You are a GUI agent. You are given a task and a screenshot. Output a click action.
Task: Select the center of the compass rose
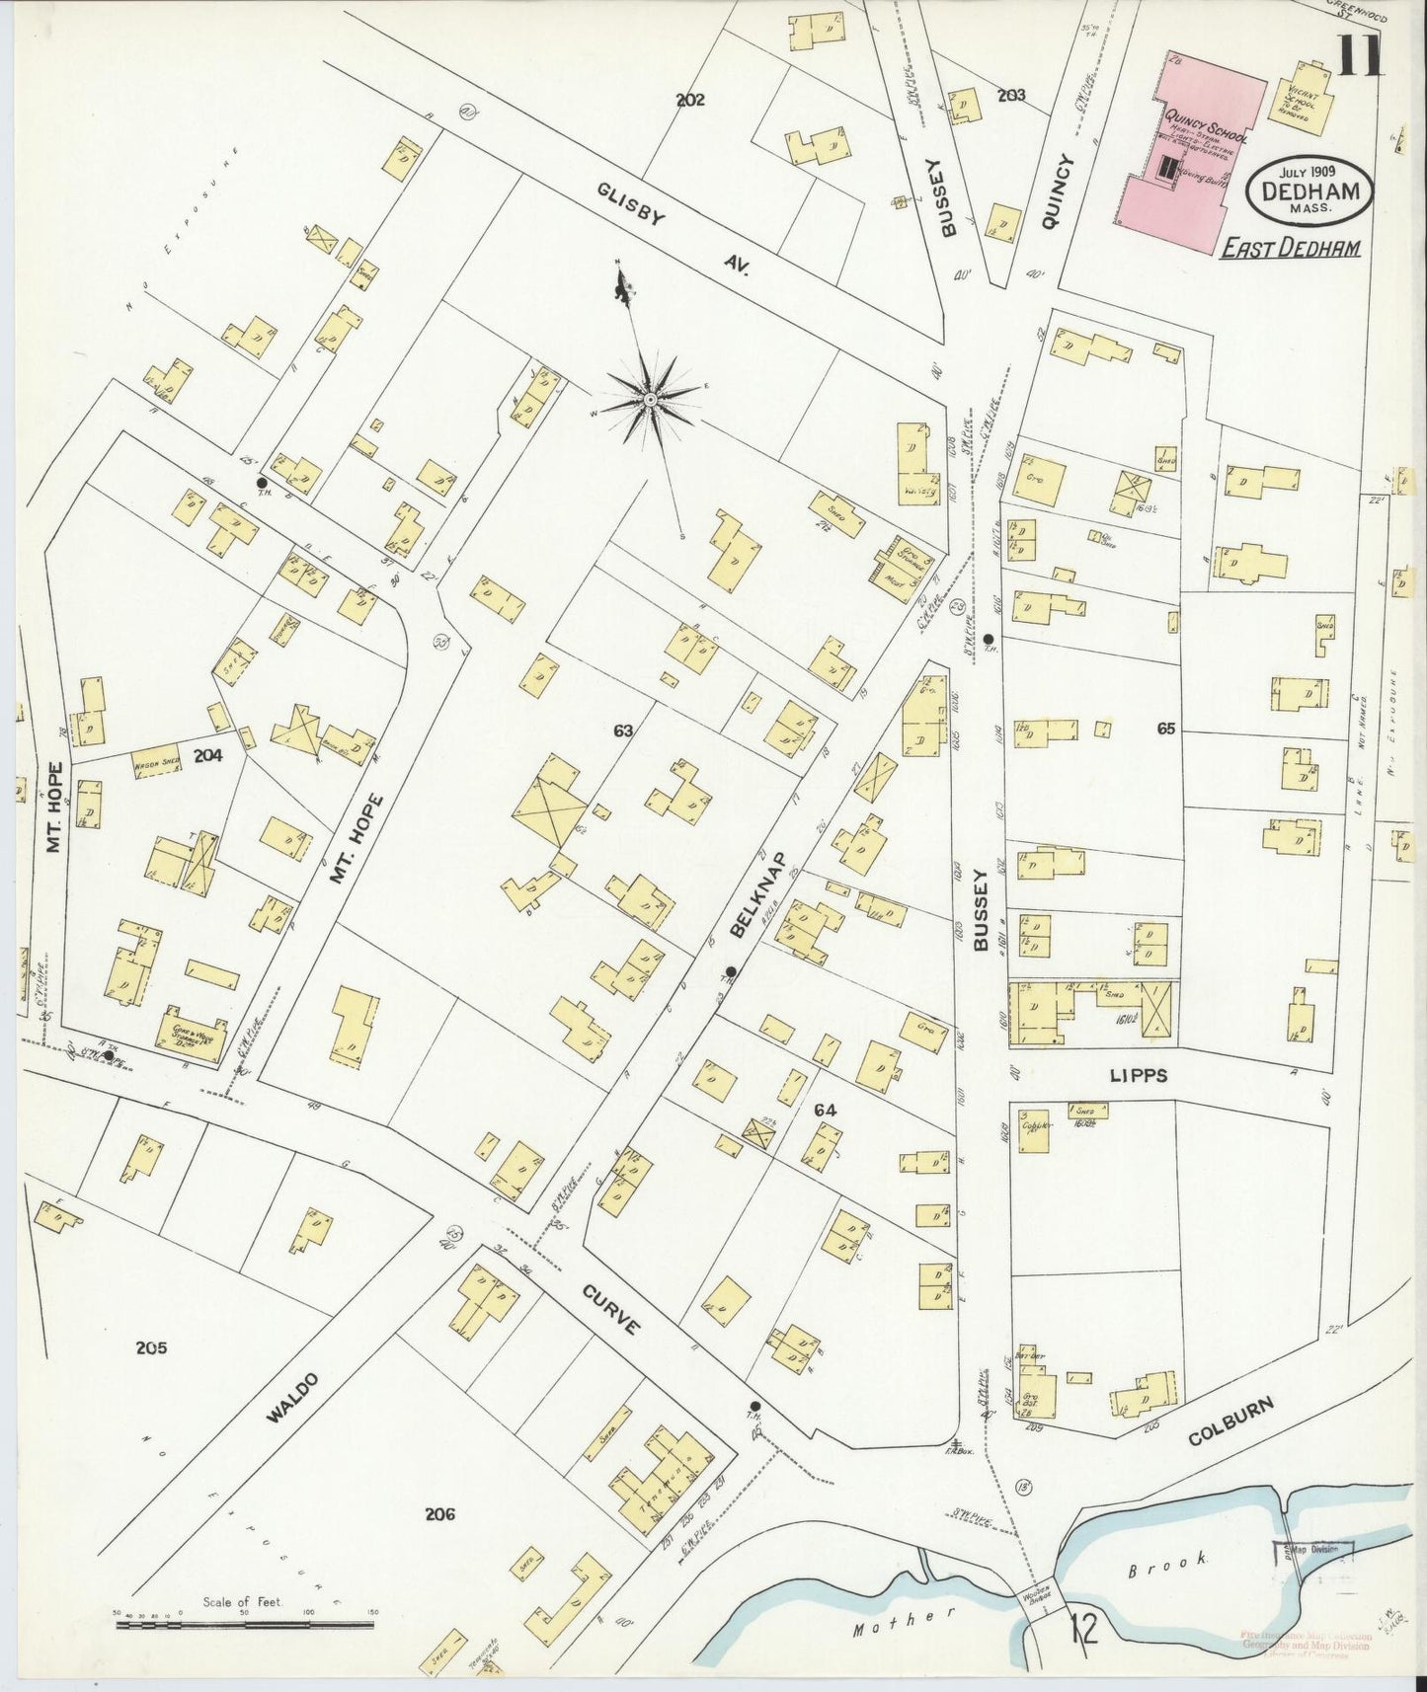pyautogui.click(x=650, y=400)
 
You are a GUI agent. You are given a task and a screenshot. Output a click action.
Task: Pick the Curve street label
pyautogui.click(x=613, y=1309)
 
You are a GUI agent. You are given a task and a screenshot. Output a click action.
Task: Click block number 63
pyautogui.click(x=622, y=731)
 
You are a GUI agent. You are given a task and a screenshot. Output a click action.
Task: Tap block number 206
pyautogui.click(x=439, y=1513)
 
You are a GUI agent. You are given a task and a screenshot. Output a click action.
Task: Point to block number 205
pyautogui.click(x=152, y=1347)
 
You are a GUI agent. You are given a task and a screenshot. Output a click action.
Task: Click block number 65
pyautogui.click(x=1166, y=729)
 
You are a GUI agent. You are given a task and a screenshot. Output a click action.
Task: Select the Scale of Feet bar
pyautogui.click(x=247, y=1624)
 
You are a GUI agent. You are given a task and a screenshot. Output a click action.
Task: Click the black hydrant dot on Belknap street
pyautogui.click(x=730, y=971)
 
